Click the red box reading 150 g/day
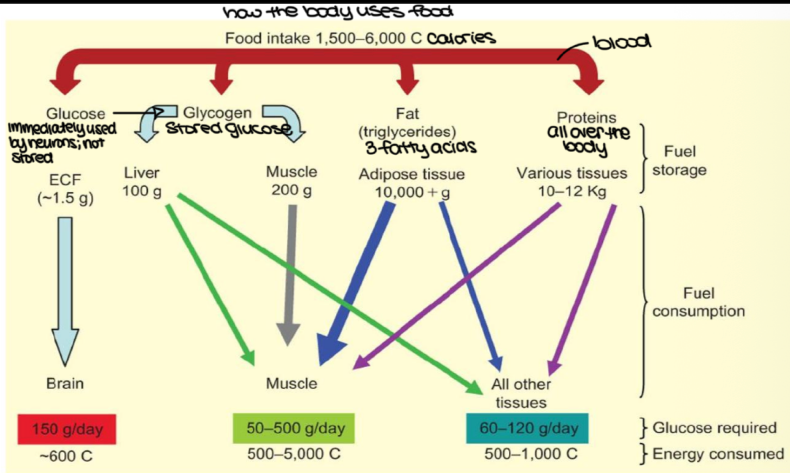click(67, 429)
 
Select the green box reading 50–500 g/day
click(293, 428)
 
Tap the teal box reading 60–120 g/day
click(527, 428)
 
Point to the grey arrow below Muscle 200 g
click(290, 274)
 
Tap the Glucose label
click(76, 114)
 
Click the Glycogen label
click(217, 113)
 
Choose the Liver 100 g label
click(142, 182)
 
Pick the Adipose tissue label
click(412, 174)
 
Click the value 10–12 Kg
click(572, 192)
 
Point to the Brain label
click(65, 383)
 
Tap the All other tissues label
click(521, 393)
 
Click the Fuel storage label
click(679, 161)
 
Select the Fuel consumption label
click(698, 302)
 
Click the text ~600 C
click(66, 456)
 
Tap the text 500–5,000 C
click(293, 454)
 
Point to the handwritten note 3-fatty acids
click(421, 149)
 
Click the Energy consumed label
click(718, 454)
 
